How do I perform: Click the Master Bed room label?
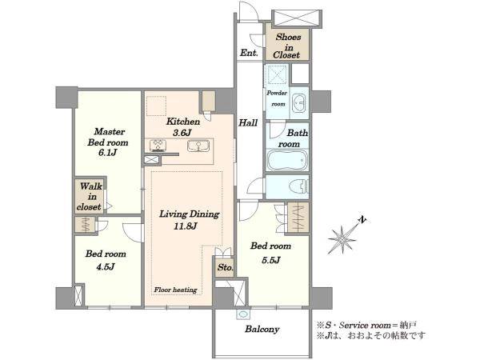108,142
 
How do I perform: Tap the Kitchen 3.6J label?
182,126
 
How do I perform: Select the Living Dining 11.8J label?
189,220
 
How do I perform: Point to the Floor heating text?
175,290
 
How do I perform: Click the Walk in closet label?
90,196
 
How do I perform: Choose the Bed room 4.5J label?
106,260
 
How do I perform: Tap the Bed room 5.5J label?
270,253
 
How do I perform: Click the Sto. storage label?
226,267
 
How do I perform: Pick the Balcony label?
262,329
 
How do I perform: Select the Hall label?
248,123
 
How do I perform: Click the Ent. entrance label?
249,53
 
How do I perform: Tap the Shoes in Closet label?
287,46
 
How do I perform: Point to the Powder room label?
277,98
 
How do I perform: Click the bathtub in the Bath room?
286,159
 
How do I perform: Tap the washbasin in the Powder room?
299,103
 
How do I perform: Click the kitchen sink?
198,146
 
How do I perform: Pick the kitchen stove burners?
158,146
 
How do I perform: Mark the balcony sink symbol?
243,314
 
